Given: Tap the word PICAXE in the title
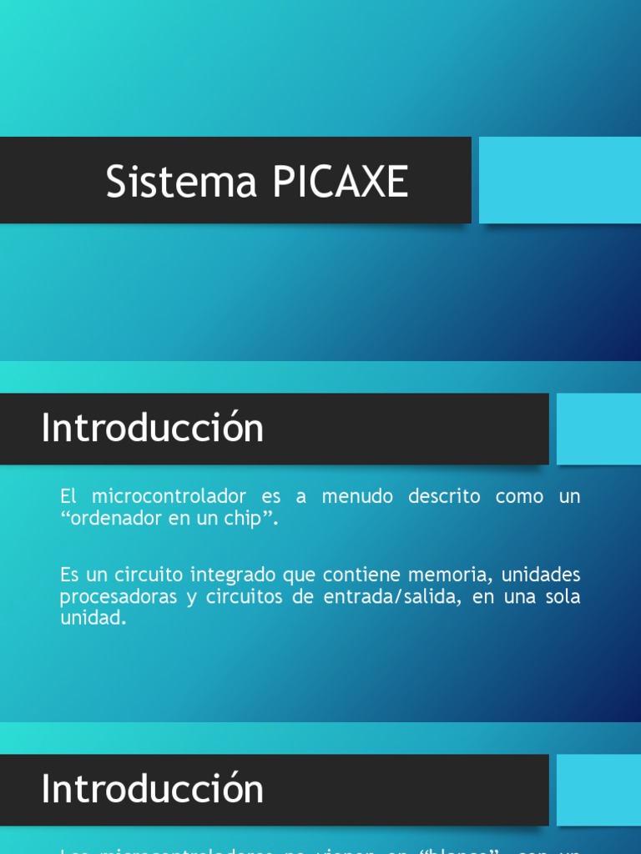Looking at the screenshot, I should (339, 182).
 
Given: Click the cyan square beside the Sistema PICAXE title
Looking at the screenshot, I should (559, 180).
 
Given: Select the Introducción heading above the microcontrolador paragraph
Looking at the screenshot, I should (153, 429).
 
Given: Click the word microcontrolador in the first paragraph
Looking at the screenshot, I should (169, 496).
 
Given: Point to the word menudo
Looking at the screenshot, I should (356, 496).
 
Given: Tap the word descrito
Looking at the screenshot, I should (444, 496).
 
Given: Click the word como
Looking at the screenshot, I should (519, 496).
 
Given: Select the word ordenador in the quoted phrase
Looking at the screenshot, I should (114, 519).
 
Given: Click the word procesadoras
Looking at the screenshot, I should (117, 597).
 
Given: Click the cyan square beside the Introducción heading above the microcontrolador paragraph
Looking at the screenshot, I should (598, 429).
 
